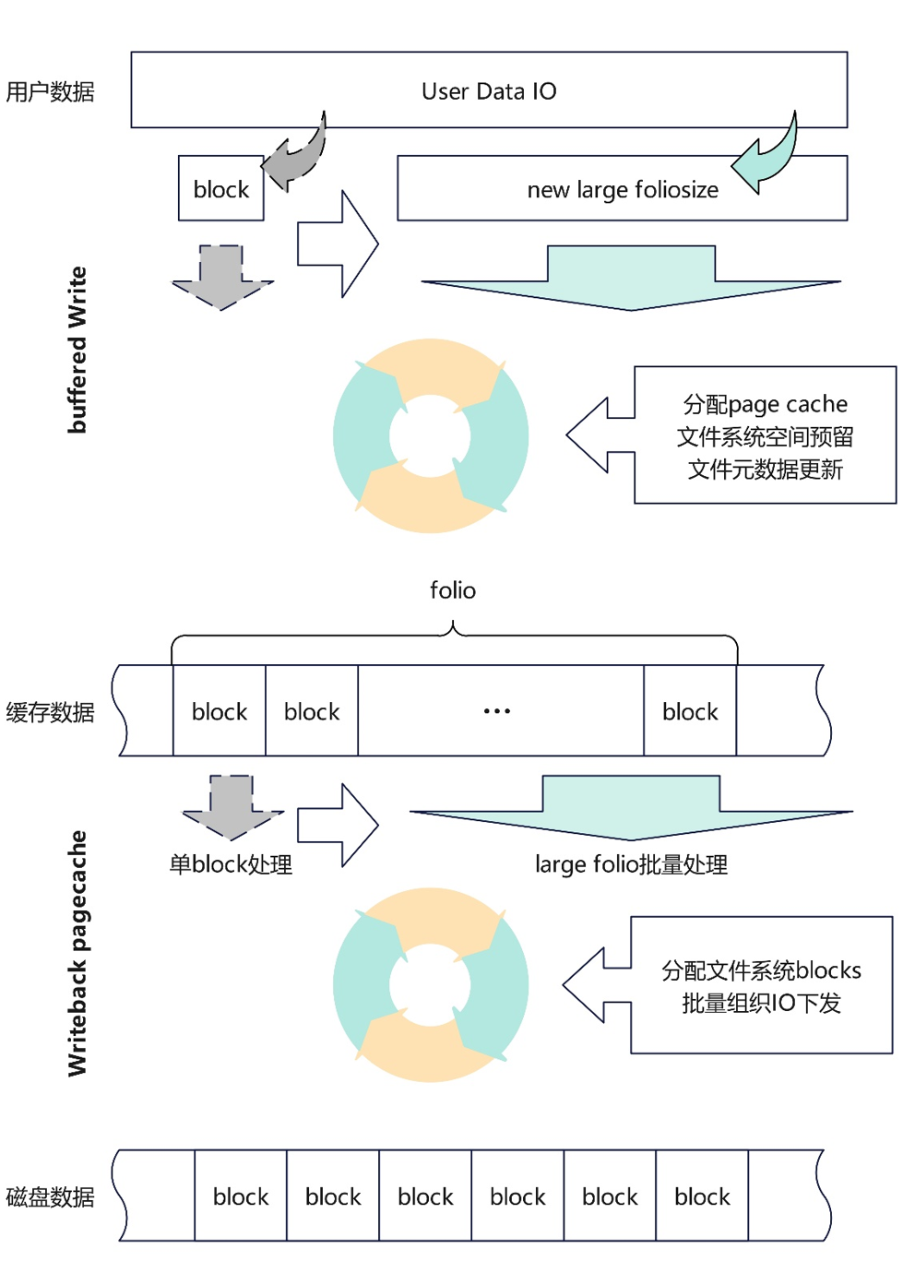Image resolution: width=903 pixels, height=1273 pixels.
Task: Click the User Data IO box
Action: point(489,90)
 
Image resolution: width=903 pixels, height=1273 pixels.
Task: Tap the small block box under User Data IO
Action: point(221,189)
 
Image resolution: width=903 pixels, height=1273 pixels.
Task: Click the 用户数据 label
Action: point(51,91)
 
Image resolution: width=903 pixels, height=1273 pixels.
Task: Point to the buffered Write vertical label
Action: point(77,350)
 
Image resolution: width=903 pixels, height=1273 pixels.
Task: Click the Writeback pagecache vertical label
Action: point(77,953)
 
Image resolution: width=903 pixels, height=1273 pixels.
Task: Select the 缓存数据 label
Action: point(51,712)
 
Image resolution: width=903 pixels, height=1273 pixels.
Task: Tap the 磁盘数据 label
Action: point(51,1196)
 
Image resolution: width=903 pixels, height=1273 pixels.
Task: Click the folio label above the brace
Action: point(453,590)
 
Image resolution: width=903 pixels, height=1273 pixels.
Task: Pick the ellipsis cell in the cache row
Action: point(498,711)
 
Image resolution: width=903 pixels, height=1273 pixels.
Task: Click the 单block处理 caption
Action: point(231,864)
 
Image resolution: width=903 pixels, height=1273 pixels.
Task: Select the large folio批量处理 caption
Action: point(632,864)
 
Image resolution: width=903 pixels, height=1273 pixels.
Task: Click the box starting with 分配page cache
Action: point(765,435)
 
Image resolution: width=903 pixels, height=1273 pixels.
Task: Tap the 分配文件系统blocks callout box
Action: point(761,985)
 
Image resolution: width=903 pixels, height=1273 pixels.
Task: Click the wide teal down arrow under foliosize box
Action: point(631,277)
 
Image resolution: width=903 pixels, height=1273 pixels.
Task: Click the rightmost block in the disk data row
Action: point(702,1196)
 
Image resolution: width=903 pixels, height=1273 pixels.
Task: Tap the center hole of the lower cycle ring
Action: point(430,985)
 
